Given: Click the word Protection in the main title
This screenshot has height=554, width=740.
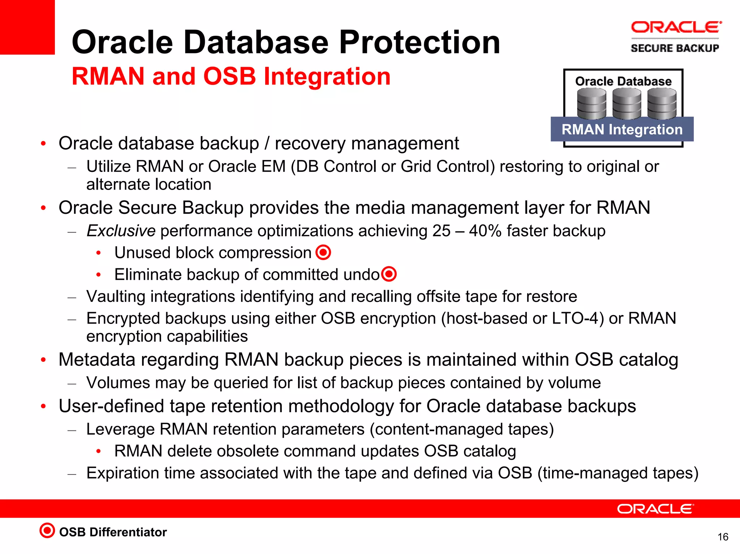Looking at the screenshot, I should (419, 43).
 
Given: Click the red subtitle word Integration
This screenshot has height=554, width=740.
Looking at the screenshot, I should (327, 77).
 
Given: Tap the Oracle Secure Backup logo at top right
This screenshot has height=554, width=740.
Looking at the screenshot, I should (675, 37).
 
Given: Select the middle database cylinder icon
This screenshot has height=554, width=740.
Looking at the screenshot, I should (627, 104).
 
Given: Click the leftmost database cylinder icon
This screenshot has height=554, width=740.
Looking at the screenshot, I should (591, 104).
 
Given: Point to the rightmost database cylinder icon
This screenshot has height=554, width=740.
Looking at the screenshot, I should (662, 104).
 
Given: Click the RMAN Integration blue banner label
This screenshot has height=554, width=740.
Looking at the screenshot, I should (622, 129).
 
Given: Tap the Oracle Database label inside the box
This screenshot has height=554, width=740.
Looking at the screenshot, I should (623, 81).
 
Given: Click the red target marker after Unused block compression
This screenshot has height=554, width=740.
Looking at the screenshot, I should (323, 252).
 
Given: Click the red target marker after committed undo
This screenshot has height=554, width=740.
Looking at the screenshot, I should (389, 274).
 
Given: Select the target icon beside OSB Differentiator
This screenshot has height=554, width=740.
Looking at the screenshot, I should (47, 531).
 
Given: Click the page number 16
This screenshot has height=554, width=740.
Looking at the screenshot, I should (723, 537).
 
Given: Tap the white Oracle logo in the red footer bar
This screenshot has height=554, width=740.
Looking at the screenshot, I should (655, 509).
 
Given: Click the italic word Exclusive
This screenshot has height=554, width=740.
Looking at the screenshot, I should (121, 231).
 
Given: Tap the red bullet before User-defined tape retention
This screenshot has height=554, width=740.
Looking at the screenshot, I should (43, 406).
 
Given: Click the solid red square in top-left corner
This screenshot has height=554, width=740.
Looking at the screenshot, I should (27, 27).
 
